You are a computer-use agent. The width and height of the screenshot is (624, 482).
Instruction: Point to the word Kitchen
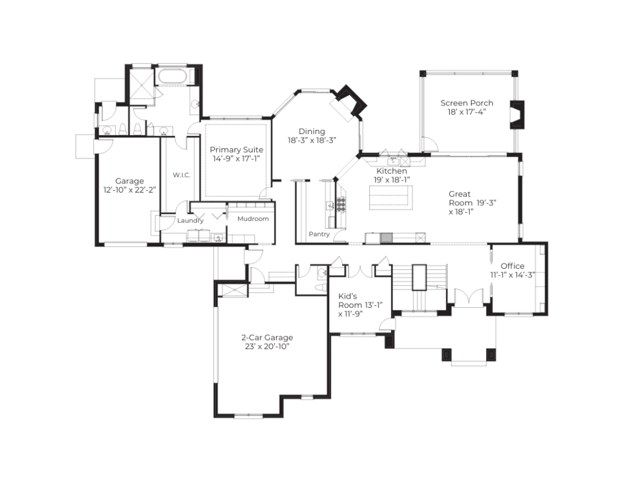point(392,171)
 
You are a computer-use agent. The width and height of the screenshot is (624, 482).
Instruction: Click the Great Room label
point(472,202)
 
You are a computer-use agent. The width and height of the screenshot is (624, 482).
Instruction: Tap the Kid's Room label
point(360,305)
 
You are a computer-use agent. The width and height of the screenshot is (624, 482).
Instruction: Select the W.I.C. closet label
point(182,175)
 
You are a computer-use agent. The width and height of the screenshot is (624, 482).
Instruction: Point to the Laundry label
point(190,221)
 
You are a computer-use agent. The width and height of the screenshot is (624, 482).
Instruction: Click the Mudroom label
point(253,219)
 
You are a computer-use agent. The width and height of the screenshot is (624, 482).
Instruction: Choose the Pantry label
point(319,234)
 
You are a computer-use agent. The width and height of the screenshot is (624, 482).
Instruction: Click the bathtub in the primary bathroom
point(172,76)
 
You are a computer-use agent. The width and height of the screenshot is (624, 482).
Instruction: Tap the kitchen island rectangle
point(391,197)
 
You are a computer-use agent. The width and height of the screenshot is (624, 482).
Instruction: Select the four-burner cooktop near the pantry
point(341,204)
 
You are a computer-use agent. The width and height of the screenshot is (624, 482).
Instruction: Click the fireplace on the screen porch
point(517,115)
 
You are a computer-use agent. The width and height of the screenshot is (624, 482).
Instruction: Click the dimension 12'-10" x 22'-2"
point(129,190)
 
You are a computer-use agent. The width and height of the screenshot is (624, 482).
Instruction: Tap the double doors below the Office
point(469,297)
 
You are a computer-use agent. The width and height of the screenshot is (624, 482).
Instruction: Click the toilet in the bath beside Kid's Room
point(321,288)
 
